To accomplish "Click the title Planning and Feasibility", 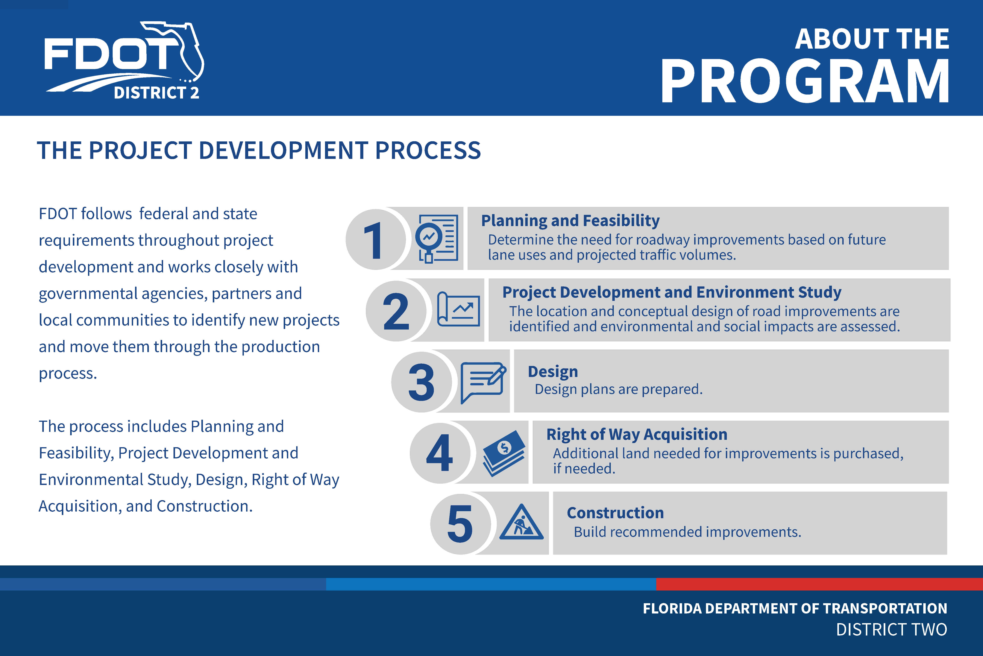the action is click(571, 221).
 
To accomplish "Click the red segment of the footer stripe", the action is click(819, 584).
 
